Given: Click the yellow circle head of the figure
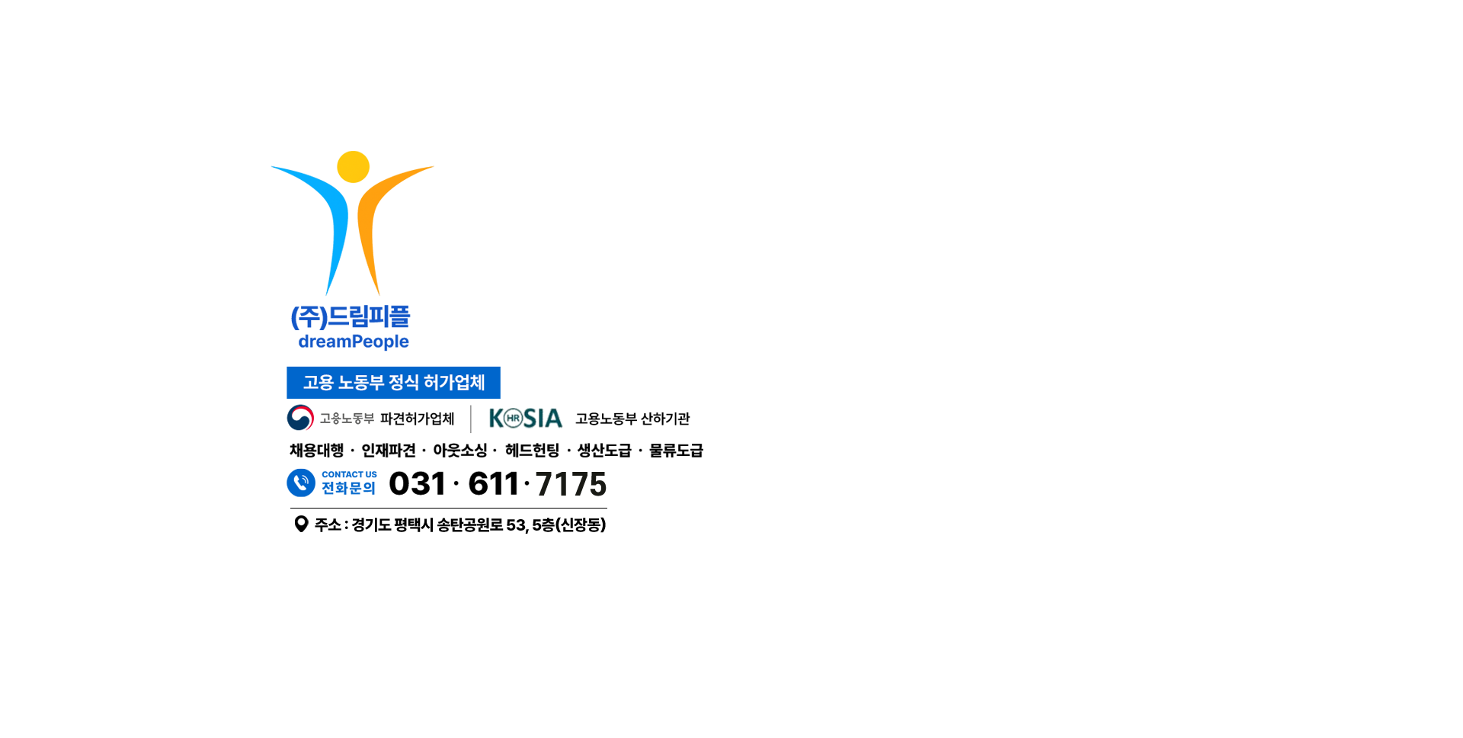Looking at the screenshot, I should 353,169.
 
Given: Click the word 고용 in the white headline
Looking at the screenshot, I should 319,382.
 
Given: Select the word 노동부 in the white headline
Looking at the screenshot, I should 361,382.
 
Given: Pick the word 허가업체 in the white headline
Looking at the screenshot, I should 454,382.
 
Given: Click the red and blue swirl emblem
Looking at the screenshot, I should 303,419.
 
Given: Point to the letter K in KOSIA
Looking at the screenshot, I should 498,419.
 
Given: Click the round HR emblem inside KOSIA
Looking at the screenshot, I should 514,419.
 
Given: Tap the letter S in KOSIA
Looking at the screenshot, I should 531,419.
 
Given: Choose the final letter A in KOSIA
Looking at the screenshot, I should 552,419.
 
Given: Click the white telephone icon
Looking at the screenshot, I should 302,483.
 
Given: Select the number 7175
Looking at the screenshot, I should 571,484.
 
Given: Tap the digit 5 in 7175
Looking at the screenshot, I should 598,484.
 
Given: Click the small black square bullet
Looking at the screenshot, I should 301,524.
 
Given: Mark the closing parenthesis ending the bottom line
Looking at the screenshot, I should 603,525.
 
